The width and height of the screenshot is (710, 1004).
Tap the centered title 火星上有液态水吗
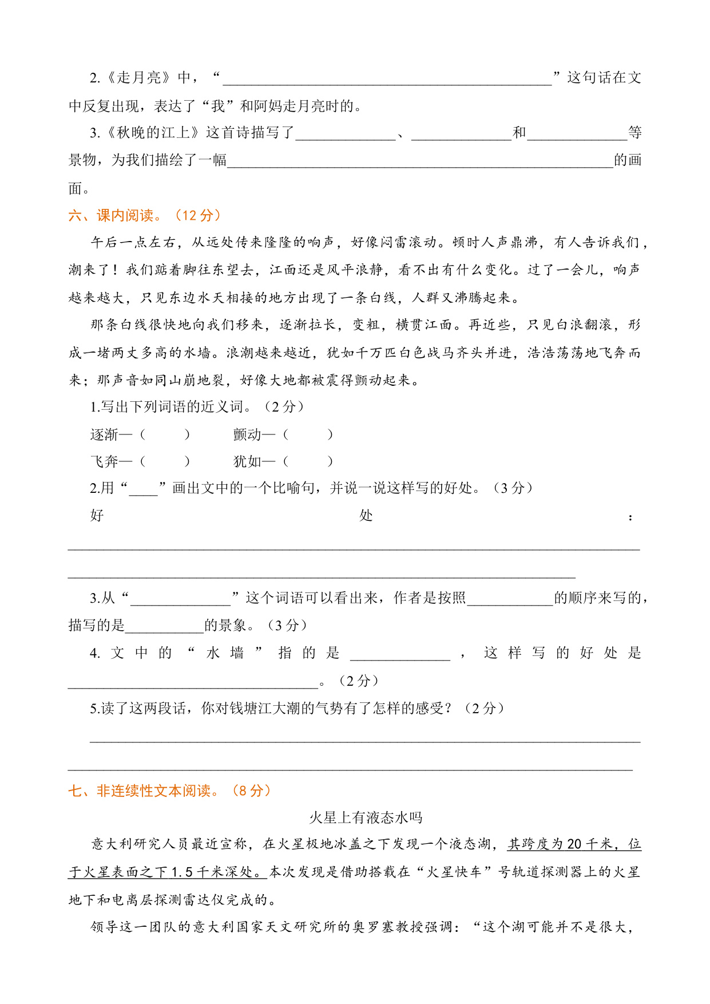pos(366,817)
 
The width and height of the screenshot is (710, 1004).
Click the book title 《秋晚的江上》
pos(153,133)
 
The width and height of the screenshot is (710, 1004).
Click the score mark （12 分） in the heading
pos(197,215)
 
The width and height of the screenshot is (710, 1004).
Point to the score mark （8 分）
pos(251,790)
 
